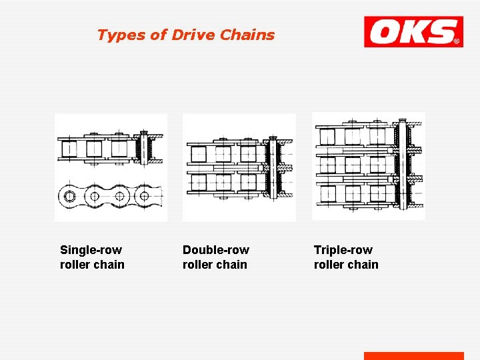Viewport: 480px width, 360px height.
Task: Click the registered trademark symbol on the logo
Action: pyautogui.click(x=457, y=41)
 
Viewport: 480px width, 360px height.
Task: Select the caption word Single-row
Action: pyautogui.click(x=91, y=250)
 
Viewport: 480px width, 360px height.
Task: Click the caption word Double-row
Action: pyautogui.click(x=216, y=250)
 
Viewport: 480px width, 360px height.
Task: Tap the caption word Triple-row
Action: pyautogui.click(x=343, y=250)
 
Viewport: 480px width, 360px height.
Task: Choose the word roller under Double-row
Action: pyautogui.click(x=198, y=265)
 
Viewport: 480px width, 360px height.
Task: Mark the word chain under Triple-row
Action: pyautogui.click(x=363, y=265)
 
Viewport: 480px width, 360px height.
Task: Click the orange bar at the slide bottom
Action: pyautogui.click(x=413, y=356)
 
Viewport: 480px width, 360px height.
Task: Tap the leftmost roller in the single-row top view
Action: pyautogui.click(x=70, y=148)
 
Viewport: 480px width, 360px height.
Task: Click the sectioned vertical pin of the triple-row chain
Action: pyautogui.click(x=402, y=164)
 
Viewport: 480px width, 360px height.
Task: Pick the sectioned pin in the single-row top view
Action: pyautogui.click(x=142, y=148)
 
